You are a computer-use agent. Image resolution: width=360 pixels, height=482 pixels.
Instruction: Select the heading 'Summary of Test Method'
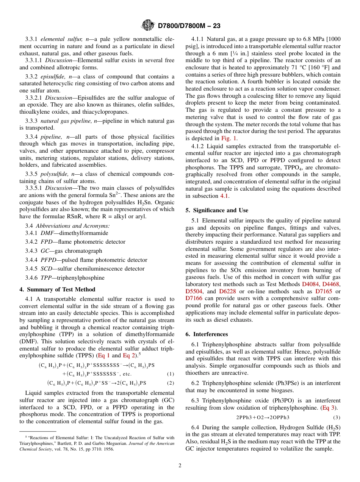click(x=60, y=290)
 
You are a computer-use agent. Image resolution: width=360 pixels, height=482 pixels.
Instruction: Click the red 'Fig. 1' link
click(x=229, y=138)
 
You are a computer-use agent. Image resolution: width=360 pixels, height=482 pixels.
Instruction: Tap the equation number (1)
click(x=171, y=374)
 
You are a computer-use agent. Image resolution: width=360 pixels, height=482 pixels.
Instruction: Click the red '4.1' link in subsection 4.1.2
click(x=225, y=196)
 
